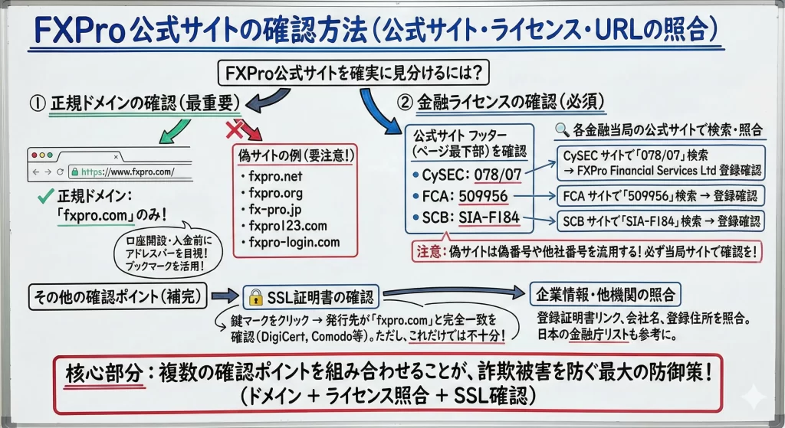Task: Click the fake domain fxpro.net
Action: tap(275, 177)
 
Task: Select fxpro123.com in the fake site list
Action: tap(287, 226)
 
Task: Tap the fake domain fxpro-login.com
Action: tap(294, 242)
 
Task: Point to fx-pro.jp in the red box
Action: tap(275, 210)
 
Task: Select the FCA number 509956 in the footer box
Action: tap(483, 196)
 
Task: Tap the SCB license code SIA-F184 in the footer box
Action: tap(488, 217)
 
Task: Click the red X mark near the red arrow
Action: tap(234, 130)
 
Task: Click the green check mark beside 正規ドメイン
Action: tap(45, 196)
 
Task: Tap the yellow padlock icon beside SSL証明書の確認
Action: tap(256, 298)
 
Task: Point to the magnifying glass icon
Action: tap(562, 130)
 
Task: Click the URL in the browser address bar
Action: tap(128, 172)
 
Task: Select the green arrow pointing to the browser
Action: tap(173, 132)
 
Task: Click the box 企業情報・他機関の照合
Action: tap(606, 295)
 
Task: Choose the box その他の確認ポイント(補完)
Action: tap(117, 297)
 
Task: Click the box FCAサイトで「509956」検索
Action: tap(660, 195)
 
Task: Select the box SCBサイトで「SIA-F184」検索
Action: tap(661, 221)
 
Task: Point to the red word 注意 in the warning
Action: tap(429, 251)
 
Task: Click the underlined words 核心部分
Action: tap(103, 374)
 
